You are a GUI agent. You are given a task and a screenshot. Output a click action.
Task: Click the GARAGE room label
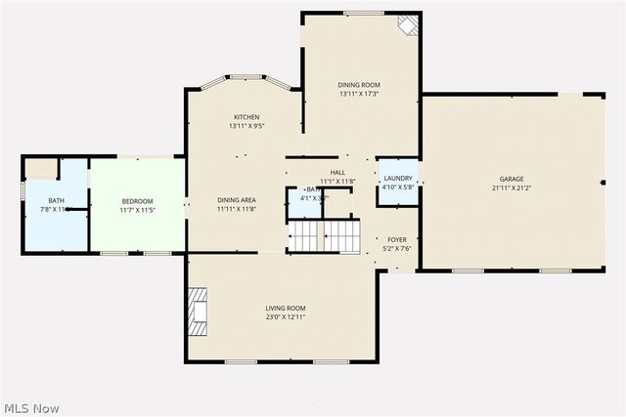coord(512,179)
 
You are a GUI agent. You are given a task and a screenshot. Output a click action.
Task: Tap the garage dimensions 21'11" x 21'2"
coord(512,188)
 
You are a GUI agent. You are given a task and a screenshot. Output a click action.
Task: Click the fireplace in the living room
coord(198,312)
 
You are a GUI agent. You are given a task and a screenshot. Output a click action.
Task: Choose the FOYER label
coord(396,239)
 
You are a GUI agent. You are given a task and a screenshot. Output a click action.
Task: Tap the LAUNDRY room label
coord(398,178)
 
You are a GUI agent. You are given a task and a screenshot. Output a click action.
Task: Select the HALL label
coord(336,172)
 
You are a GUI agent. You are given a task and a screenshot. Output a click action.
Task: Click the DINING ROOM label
coord(359,86)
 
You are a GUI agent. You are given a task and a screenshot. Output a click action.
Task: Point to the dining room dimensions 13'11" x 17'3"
coord(359,95)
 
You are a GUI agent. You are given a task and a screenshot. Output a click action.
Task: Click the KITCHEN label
coord(246,117)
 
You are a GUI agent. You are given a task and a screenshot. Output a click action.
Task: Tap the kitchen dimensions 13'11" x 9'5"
coord(246,126)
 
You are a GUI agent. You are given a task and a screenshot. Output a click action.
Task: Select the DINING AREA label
coord(237,199)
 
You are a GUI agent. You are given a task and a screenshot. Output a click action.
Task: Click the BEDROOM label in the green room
coord(137,200)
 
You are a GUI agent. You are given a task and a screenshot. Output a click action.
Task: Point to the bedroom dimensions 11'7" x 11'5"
coord(137,210)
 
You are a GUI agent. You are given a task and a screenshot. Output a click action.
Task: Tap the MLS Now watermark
coord(31,406)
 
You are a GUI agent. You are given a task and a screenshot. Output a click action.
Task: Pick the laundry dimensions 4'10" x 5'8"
coord(398,187)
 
